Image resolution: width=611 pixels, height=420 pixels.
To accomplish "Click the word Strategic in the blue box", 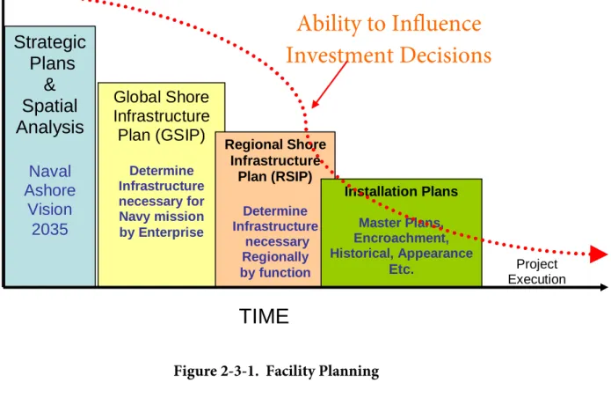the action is coord(50,42).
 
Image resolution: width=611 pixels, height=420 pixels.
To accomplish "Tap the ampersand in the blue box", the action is coord(49,85).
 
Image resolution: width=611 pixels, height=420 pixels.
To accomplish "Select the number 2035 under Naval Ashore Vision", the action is coord(50,229).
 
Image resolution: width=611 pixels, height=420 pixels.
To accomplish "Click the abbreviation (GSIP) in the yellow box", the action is coord(180,135).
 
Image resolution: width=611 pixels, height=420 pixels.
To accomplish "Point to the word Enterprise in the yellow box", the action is coord(171,232).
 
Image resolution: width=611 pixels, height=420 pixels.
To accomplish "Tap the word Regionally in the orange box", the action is coord(275,257).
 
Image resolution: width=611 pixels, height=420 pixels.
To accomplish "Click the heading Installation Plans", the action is coord(401,192).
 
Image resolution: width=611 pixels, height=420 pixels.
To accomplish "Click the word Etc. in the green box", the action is coord(401,269).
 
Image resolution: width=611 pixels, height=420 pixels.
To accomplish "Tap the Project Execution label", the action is coord(536,272).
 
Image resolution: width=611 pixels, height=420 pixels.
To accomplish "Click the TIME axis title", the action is coord(264,316).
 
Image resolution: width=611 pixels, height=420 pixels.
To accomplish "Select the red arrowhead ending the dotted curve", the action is coord(598,254).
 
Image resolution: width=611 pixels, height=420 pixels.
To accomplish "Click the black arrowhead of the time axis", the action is coord(604,287).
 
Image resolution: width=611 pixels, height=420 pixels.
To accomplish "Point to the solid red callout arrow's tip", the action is coord(312,107).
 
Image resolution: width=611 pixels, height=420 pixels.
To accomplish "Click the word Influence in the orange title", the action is coord(436,24).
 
